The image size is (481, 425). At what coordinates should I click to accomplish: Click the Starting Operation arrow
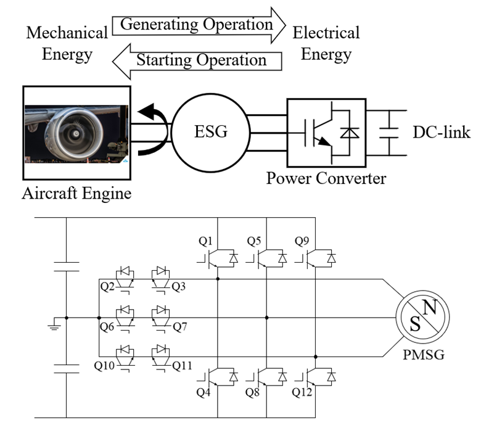[x=197, y=61]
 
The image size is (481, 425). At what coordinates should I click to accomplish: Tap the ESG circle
[x=211, y=133]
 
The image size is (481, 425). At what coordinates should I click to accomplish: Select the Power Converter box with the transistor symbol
[x=326, y=133]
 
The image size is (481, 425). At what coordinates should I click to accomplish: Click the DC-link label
[x=442, y=132]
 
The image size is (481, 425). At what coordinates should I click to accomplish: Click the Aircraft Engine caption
[x=76, y=193]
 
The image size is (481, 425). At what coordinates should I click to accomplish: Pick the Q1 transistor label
[x=205, y=241]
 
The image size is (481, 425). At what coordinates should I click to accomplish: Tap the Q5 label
[x=254, y=241]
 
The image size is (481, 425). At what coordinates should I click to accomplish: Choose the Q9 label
[x=302, y=241]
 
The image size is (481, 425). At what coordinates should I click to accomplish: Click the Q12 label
[x=302, y=392]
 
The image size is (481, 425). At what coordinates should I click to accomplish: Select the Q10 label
[x=104, y=365]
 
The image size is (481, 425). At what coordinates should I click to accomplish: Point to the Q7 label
[x=180, y=327]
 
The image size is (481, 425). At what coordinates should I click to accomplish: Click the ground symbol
[x=54, y=324]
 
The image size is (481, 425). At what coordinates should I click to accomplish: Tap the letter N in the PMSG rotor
[x=430, y=307]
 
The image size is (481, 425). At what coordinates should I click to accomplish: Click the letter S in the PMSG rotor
[x=415, y=324]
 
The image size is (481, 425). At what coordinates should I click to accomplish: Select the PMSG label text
[x=424, y=355]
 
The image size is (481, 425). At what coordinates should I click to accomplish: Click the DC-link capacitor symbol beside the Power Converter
[x=389, y=133]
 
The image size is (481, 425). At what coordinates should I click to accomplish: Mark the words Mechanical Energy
[x=67, y=43]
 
